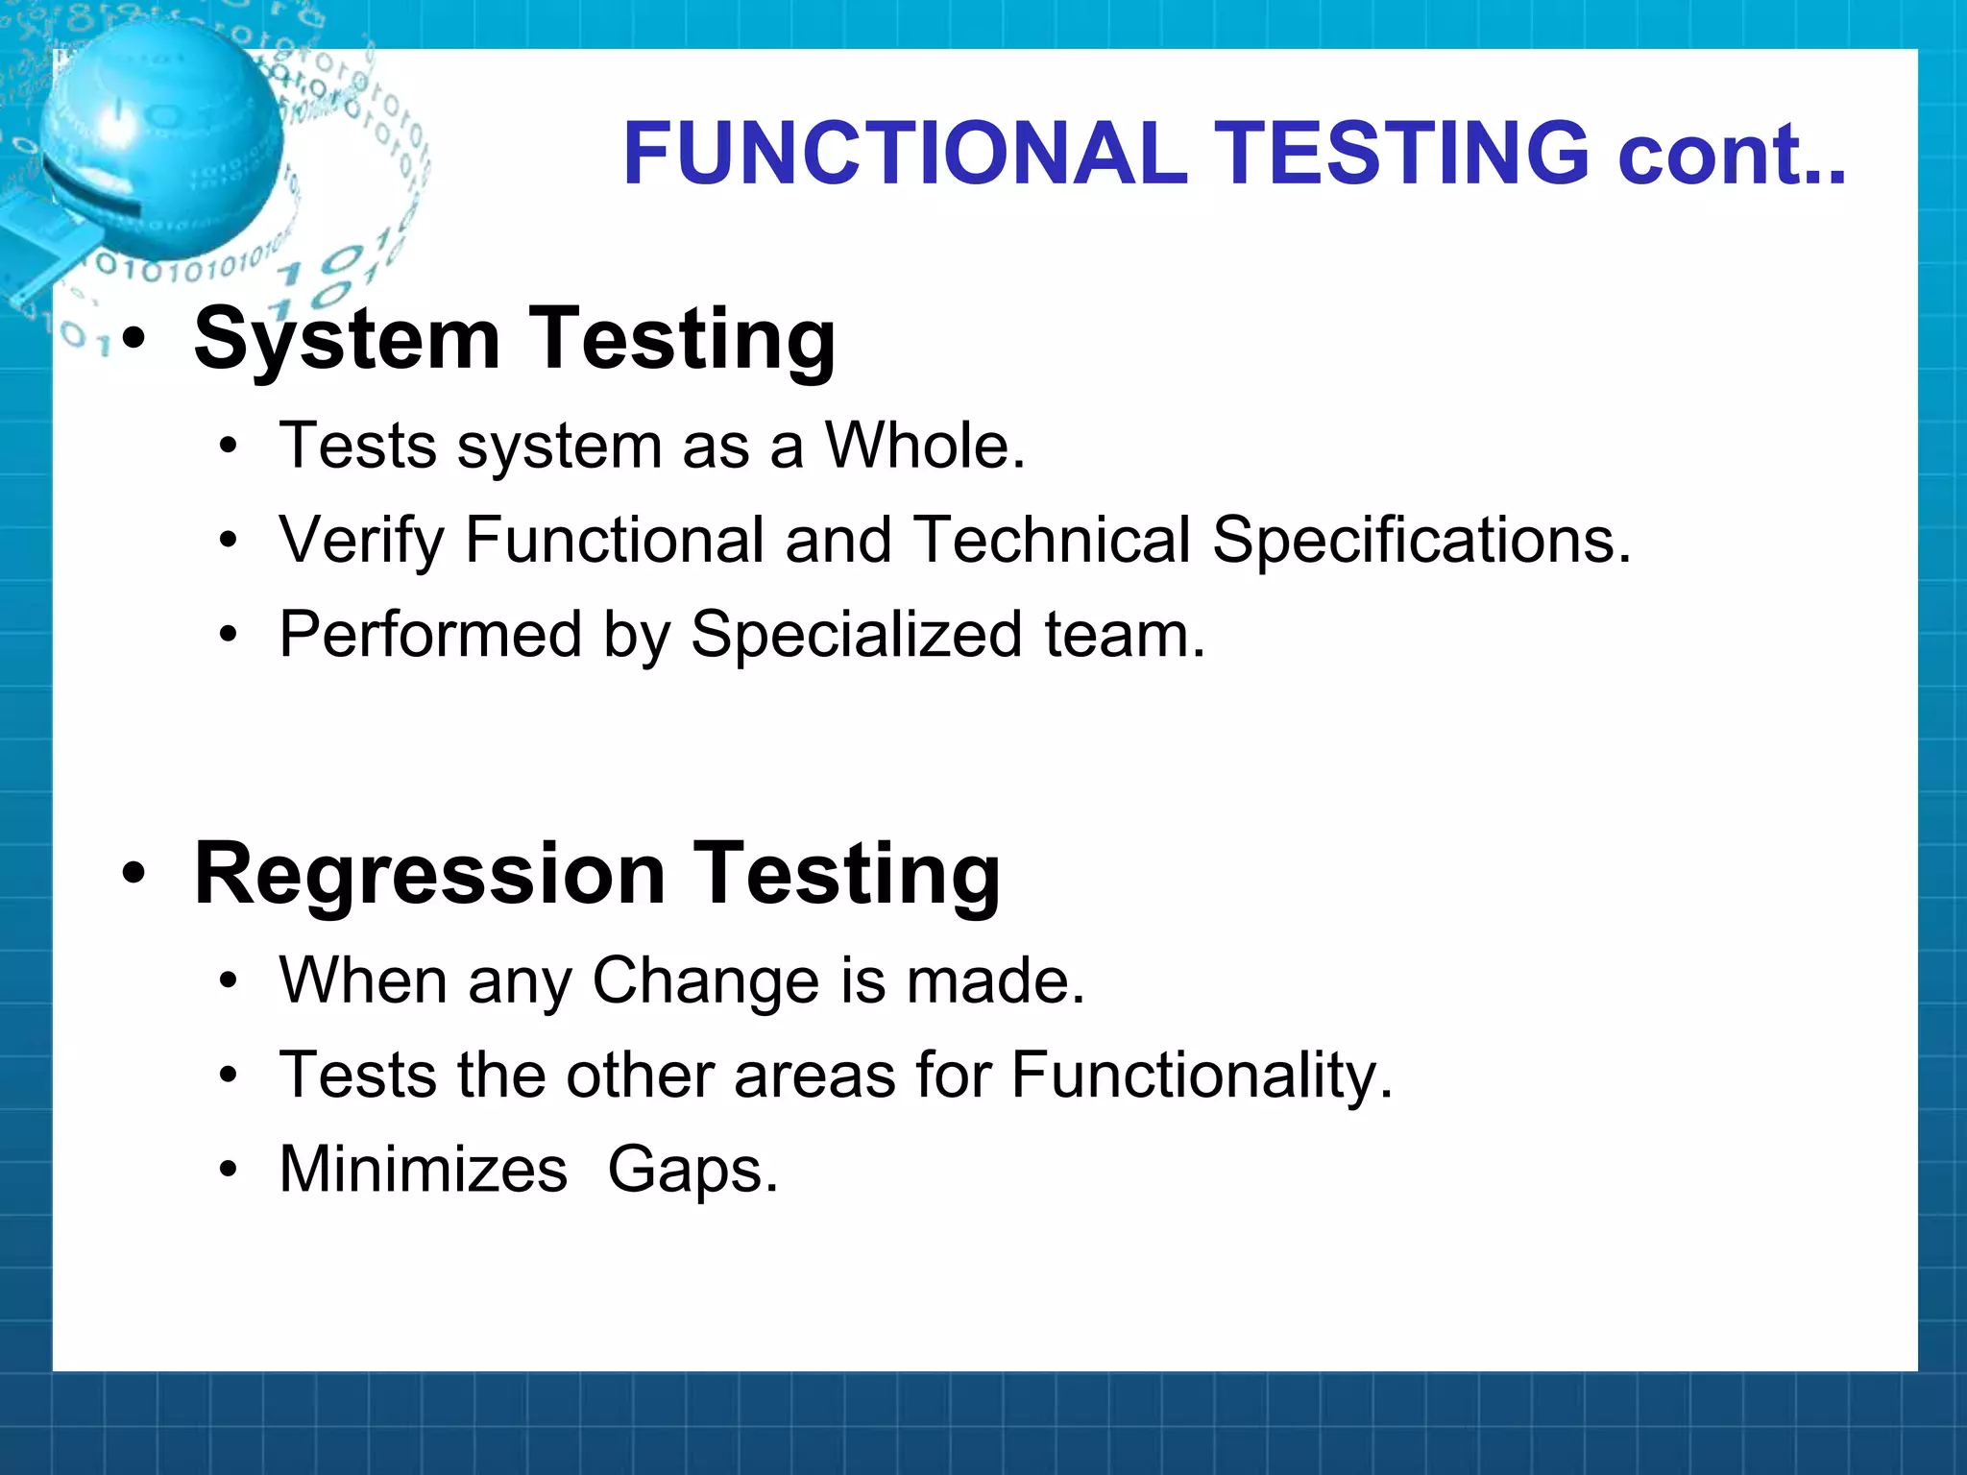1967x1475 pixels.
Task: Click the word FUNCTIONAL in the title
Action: coord(905,154)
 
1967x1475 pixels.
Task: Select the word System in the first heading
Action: coord(347,339)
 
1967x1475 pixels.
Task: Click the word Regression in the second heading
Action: coord(429,874)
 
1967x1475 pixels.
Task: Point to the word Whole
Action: coord(925,447)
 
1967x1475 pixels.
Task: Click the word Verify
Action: coord(361,541)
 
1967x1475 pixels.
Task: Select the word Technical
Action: coord(1051,540)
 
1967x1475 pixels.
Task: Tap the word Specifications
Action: coord(1421,541)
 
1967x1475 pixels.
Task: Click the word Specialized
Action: coord(856,636)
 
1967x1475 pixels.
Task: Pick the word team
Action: coord(1124,636)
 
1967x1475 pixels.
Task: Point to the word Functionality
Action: coord(1201,1076)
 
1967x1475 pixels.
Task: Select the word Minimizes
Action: coord(423,1170)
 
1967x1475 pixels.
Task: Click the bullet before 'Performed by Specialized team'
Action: coord(228,635)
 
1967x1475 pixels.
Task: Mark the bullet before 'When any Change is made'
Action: coord(228,980)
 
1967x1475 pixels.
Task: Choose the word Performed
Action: coord(430,636)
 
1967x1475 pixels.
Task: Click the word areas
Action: coord(814,1076)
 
